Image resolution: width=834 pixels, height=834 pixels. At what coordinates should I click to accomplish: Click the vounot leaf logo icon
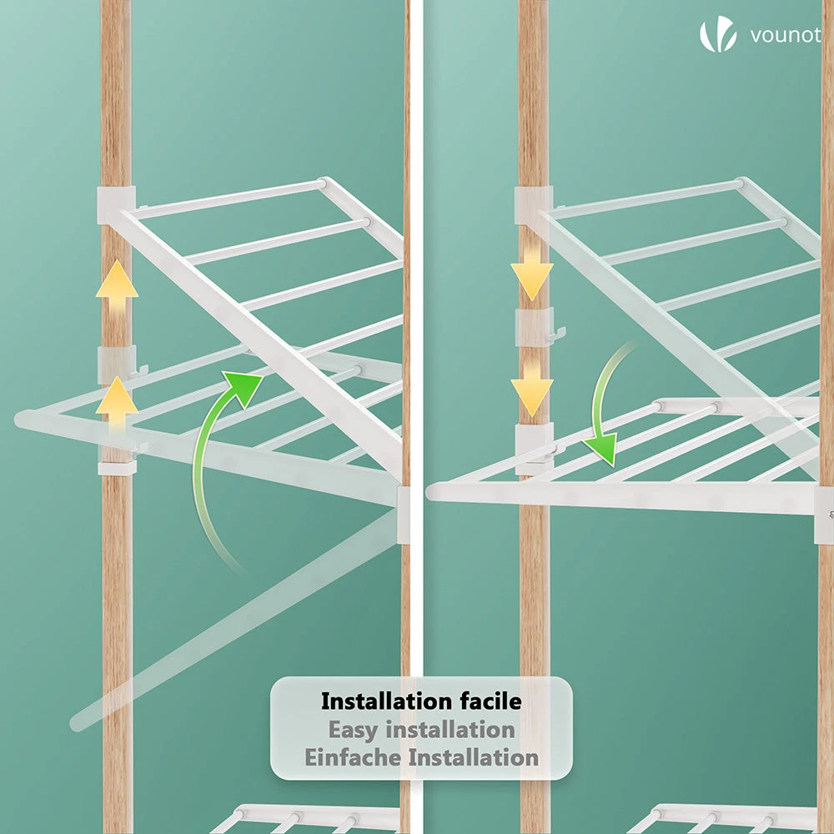click(x=718, y=34)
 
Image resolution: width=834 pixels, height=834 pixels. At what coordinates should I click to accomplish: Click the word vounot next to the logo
click(x=786, y=35)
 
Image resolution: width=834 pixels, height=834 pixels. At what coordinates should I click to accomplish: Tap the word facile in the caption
click(x=491, y=701)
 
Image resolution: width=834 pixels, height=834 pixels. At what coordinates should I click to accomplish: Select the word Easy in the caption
click(x=354, y=730)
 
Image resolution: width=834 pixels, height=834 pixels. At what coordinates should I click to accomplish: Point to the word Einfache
click(x=353, y=757)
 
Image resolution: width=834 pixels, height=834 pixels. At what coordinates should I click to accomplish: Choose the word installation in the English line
click(x=450, y=729)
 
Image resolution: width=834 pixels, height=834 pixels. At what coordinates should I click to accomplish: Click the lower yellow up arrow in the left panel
click(x=117, y=403)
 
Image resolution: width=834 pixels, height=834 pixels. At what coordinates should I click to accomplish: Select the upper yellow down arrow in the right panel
click(x=532, y=273)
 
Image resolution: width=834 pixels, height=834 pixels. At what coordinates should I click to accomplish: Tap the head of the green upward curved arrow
click(x=243, y=387)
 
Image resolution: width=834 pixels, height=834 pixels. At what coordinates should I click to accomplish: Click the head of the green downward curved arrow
click(x=601, y=448)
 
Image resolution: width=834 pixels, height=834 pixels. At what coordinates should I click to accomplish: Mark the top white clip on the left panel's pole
click(x=116, y=205)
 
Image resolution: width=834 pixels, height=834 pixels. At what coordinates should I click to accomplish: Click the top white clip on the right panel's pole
click(x=534, y=205)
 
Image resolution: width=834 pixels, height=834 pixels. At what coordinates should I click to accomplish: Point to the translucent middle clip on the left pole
click(x=117, y=364)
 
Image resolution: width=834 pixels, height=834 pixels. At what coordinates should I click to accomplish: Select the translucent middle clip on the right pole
click(x=535, y=325)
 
